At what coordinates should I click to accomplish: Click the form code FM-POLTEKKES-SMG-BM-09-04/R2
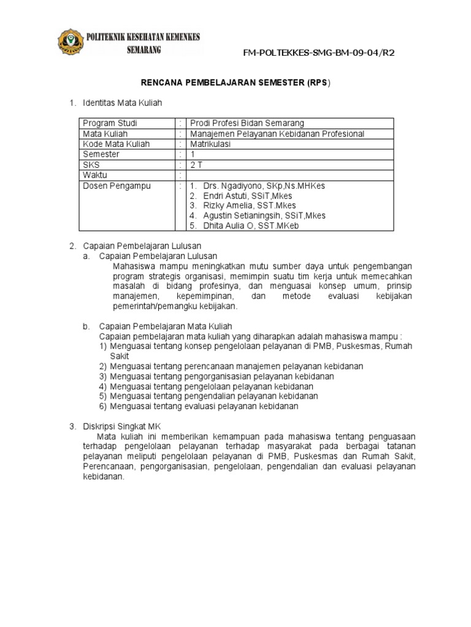(x=319, y=53)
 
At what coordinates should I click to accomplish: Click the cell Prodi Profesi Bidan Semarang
(x=247, y=123)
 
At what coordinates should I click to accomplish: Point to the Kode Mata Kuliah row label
(x=114, y=144)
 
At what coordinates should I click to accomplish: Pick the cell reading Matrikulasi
(x=210, y=144)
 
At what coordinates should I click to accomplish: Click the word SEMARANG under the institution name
(x=144, y=50)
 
